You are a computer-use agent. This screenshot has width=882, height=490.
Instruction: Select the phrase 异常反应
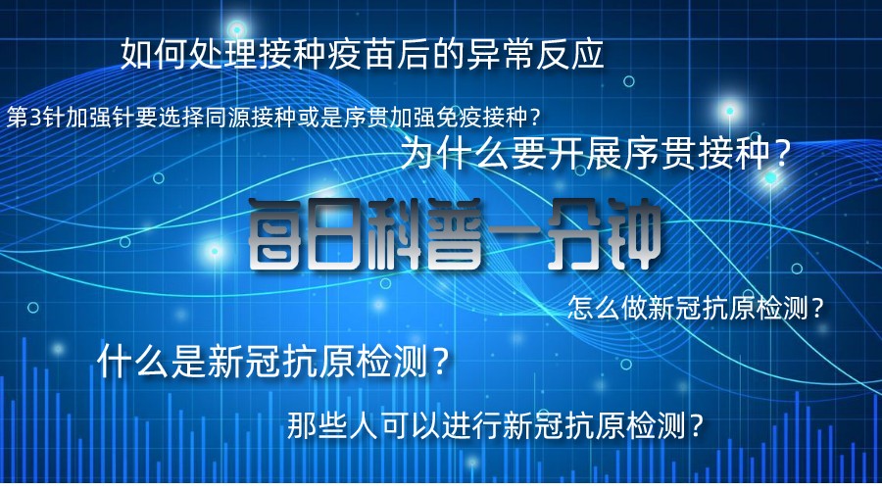tap(535, 55)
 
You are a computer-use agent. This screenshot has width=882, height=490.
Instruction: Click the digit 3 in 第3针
tap(35, 118)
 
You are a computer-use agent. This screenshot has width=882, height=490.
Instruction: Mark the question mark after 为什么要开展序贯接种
tap(781, 154)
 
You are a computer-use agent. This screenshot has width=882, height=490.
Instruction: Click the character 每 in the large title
tap(276, 234)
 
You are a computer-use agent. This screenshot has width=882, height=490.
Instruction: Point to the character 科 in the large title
tap(394, 234)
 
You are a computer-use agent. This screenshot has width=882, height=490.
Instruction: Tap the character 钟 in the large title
tap(632, 234)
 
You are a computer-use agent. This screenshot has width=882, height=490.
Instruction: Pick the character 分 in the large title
tap(572, 234)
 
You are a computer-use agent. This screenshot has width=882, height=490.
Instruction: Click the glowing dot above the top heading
tap(237, 28)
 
